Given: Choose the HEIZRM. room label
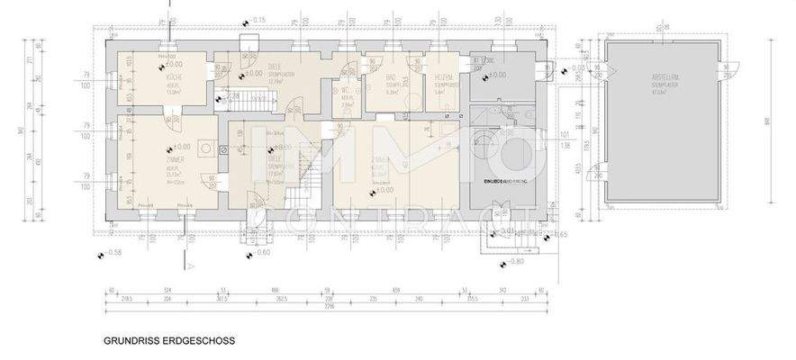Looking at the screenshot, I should (442, 78).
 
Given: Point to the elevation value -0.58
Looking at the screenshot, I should (111, 254).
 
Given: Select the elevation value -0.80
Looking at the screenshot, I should (512, 262).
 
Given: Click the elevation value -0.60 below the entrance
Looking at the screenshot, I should (261, 253).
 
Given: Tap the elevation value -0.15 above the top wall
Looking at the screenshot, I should (257, 20).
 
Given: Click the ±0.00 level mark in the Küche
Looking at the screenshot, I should (173, 65).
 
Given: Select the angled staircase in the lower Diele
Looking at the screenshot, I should (312, 176).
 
